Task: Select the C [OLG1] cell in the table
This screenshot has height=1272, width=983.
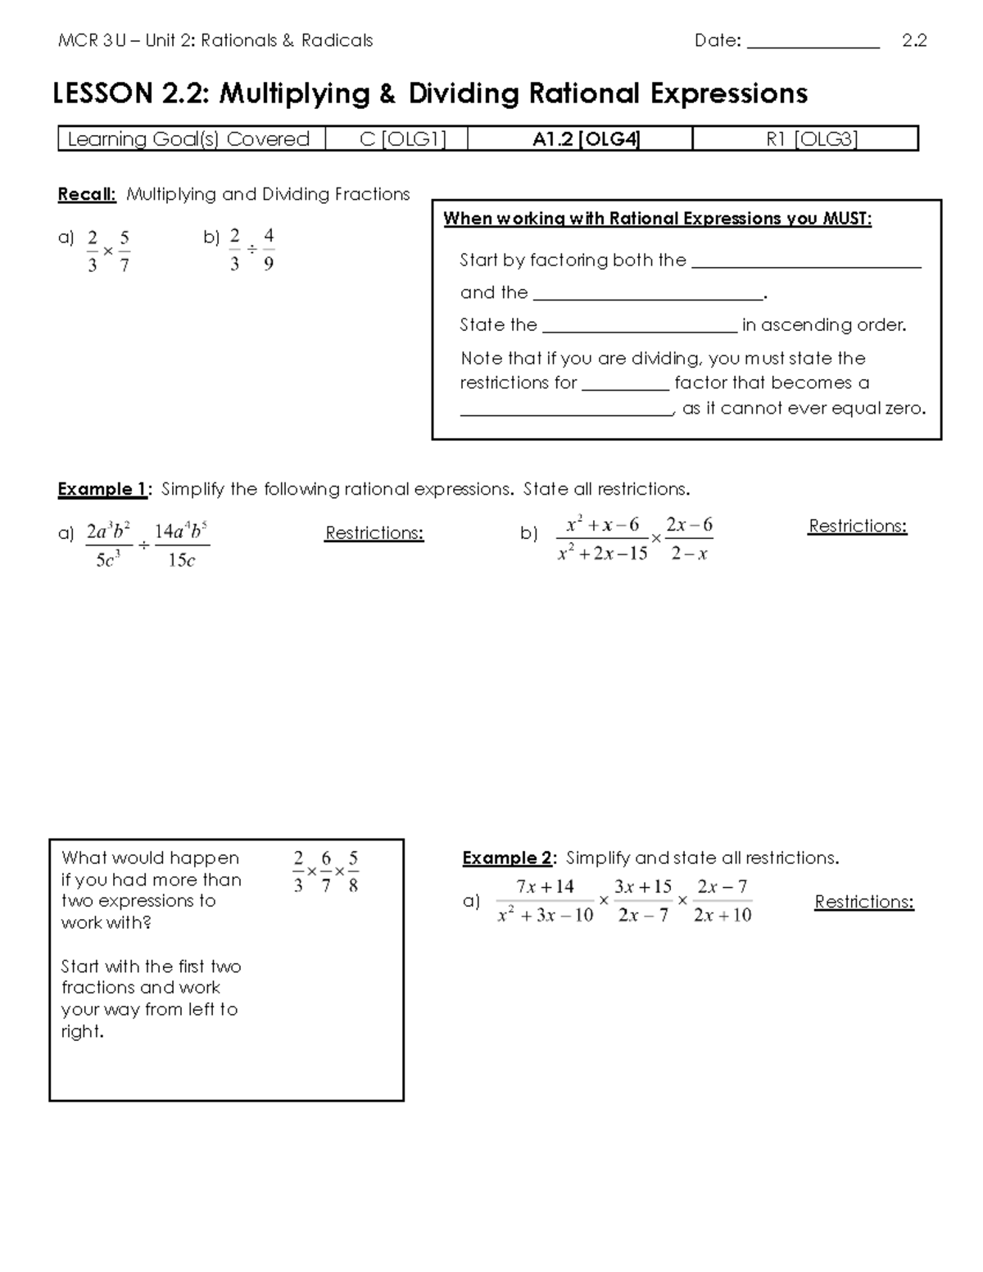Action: [402, 139]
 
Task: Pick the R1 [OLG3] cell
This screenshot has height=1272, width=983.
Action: [811, 139]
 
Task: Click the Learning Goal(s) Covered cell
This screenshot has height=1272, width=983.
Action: [188, 139]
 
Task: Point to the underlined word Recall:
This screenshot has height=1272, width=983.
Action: [87, 195]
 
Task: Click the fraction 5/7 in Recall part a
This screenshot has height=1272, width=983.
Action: [125, 251]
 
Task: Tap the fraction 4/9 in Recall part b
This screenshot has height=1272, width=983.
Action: [269, 250]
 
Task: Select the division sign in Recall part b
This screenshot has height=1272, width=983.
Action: [252, 249]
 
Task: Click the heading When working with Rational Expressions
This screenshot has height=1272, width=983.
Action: [657, 219]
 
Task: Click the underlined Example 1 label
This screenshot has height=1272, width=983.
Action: [102, 490]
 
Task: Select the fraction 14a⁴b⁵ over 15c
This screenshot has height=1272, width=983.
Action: [181, 545]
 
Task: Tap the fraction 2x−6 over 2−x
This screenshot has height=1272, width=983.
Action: [689, 539]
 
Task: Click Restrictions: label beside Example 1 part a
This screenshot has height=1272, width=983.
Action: [374, 533]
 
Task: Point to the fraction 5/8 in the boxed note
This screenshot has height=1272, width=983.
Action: [353, 871]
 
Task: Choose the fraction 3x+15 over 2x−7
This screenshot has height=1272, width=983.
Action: [643, 901]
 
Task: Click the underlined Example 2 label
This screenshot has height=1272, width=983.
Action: [508, 858]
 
